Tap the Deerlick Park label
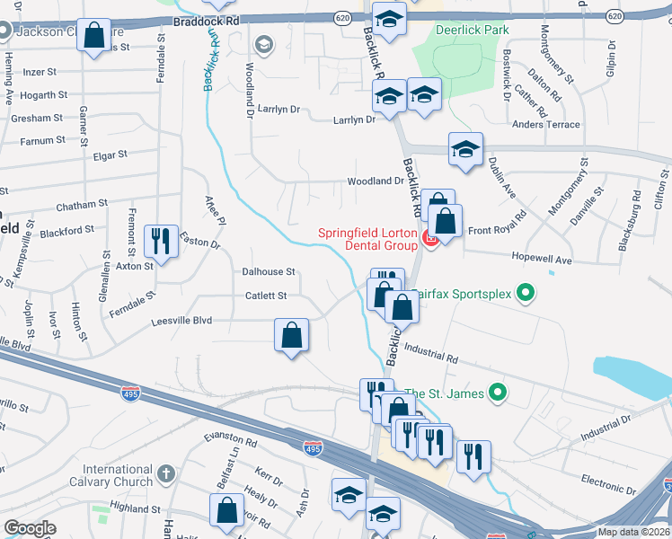click(x=472, y=30)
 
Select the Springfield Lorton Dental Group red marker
click(x=429, y=239)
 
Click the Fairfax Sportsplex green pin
click(x=527, y=292)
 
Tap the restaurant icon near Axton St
click(x=162, y=240)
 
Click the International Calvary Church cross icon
click(x=165, y=473)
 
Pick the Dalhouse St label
click(x=268, y=271)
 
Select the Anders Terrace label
click(x=544, y=125)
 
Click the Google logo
click(x=30, y=529)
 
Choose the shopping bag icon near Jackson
click(x=94, y=36)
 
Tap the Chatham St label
click(x=82, y=206)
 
